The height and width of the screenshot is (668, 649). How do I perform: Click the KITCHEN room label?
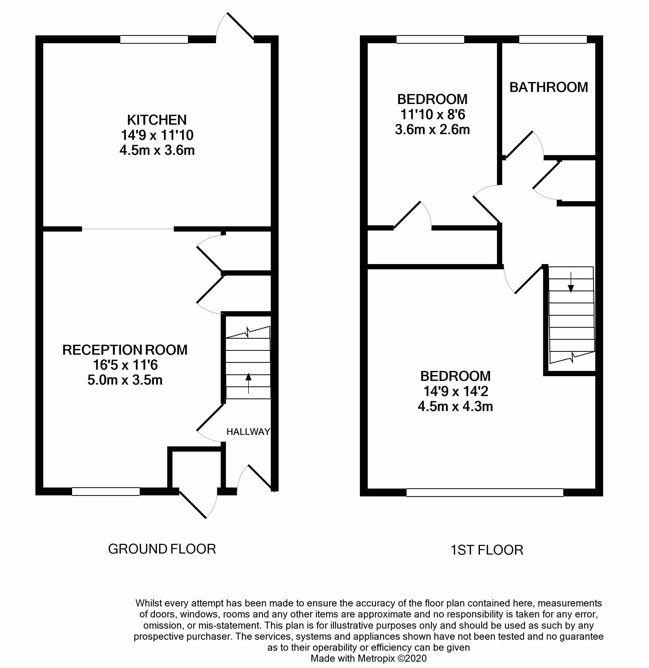click(157, 120)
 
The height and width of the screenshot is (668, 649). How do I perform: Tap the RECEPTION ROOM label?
click(125, 350)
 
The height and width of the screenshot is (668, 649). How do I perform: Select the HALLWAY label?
click(248, 432)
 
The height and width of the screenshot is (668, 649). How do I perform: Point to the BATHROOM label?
click(548, 87)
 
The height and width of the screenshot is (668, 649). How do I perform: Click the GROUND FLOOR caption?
click(162, 549)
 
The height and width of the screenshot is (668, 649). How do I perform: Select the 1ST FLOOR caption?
click(487, 550)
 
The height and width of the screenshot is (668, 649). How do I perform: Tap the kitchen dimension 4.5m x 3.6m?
click(157, 150)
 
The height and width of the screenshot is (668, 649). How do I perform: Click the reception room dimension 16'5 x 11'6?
click(125, 365)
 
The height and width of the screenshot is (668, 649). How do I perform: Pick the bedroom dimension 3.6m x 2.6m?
click(432, 129)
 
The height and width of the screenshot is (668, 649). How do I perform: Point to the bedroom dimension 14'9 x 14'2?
click(456, 391)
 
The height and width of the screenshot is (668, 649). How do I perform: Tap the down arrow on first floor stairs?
click(571, 288)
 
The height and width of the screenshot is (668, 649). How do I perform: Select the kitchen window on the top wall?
click(154, 40)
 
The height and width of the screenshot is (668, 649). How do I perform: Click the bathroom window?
click(553, 40)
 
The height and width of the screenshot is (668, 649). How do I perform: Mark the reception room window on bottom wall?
click(106, 491)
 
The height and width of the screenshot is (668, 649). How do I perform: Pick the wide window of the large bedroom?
click(485, 492)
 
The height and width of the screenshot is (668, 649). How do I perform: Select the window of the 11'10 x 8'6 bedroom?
click(430, 40)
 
